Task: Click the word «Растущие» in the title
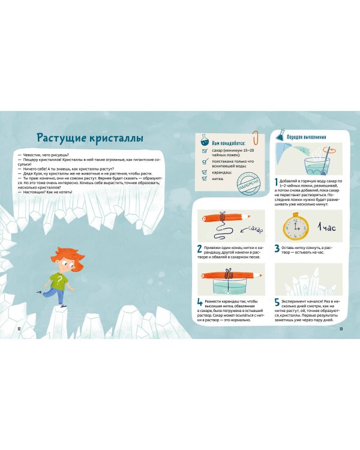coord(62,139)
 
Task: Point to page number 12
coord(19,329)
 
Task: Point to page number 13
coord(341,329)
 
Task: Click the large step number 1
coord(277,181)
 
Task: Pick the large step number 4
coord(199,303)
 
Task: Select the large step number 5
coord(277,303)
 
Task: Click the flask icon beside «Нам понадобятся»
coord(205,139)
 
